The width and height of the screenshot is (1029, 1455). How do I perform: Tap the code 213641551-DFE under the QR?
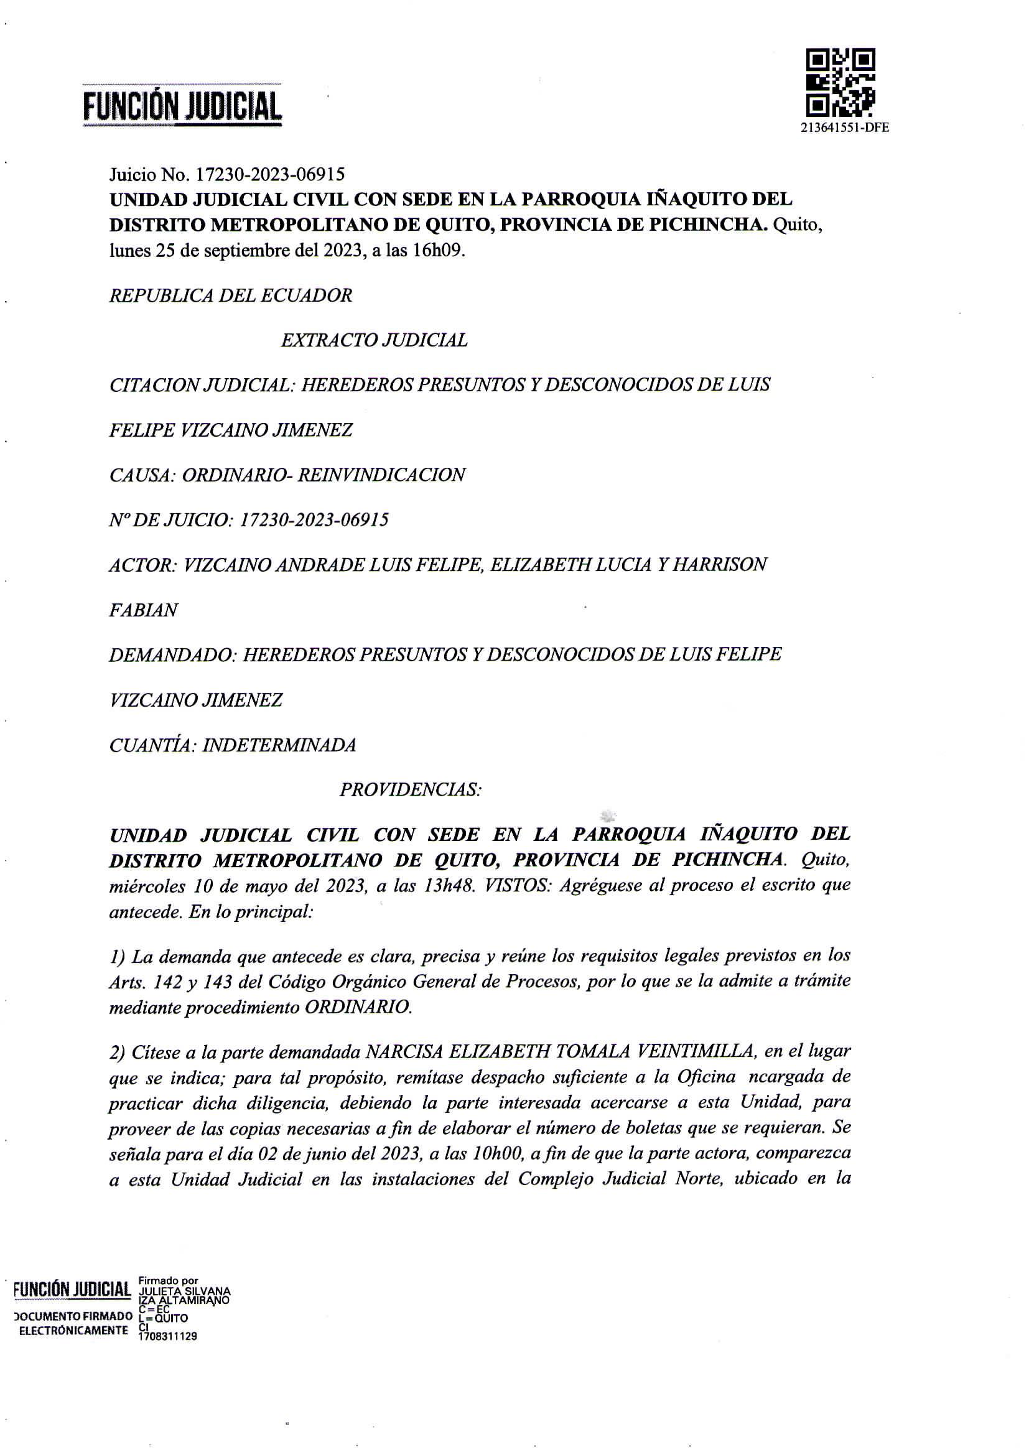click(x=845, y=128)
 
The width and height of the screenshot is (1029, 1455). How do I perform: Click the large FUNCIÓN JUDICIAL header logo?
click(x=182, y=106)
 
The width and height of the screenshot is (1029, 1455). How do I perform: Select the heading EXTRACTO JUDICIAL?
click(x=374, y=340)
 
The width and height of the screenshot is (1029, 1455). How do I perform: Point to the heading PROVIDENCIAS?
click(x=411, y=789)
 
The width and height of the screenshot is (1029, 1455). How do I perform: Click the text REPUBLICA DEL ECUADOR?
click(x=231, y=295)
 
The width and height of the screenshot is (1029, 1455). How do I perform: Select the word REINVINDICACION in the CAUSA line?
click(x=381, y=475)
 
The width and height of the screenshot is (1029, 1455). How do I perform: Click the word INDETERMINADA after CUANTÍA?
click(x=279, y=745)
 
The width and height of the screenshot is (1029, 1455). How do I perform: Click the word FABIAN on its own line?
click(x=144, y=610)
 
